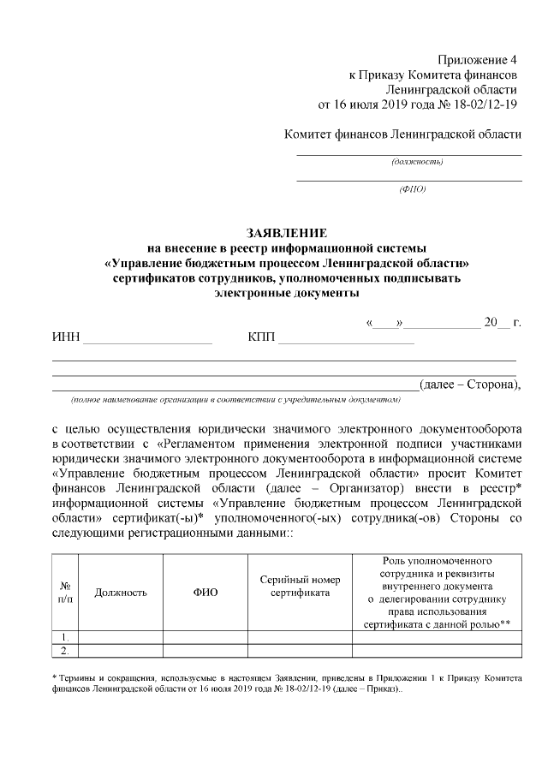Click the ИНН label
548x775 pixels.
tap(66, 337)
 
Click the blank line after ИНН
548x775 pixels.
tap(147, 342)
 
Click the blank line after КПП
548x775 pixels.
tap(346, 342)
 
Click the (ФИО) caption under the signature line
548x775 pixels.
tap(412, 188)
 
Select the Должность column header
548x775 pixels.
tap(121, 592)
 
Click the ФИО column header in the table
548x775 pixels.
tap(205, 592)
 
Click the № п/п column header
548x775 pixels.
tap(65, 592)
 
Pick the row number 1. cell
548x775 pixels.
tap(65, 637)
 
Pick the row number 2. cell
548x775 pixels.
tap(65, 651)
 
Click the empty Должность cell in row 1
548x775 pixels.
tap(121, 637)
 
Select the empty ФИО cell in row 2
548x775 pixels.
tap(205, 651)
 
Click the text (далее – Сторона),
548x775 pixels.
tap(469, 384)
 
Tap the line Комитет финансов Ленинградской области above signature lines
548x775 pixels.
tap(402, 134)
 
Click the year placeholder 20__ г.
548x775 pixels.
tap(502, 322)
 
